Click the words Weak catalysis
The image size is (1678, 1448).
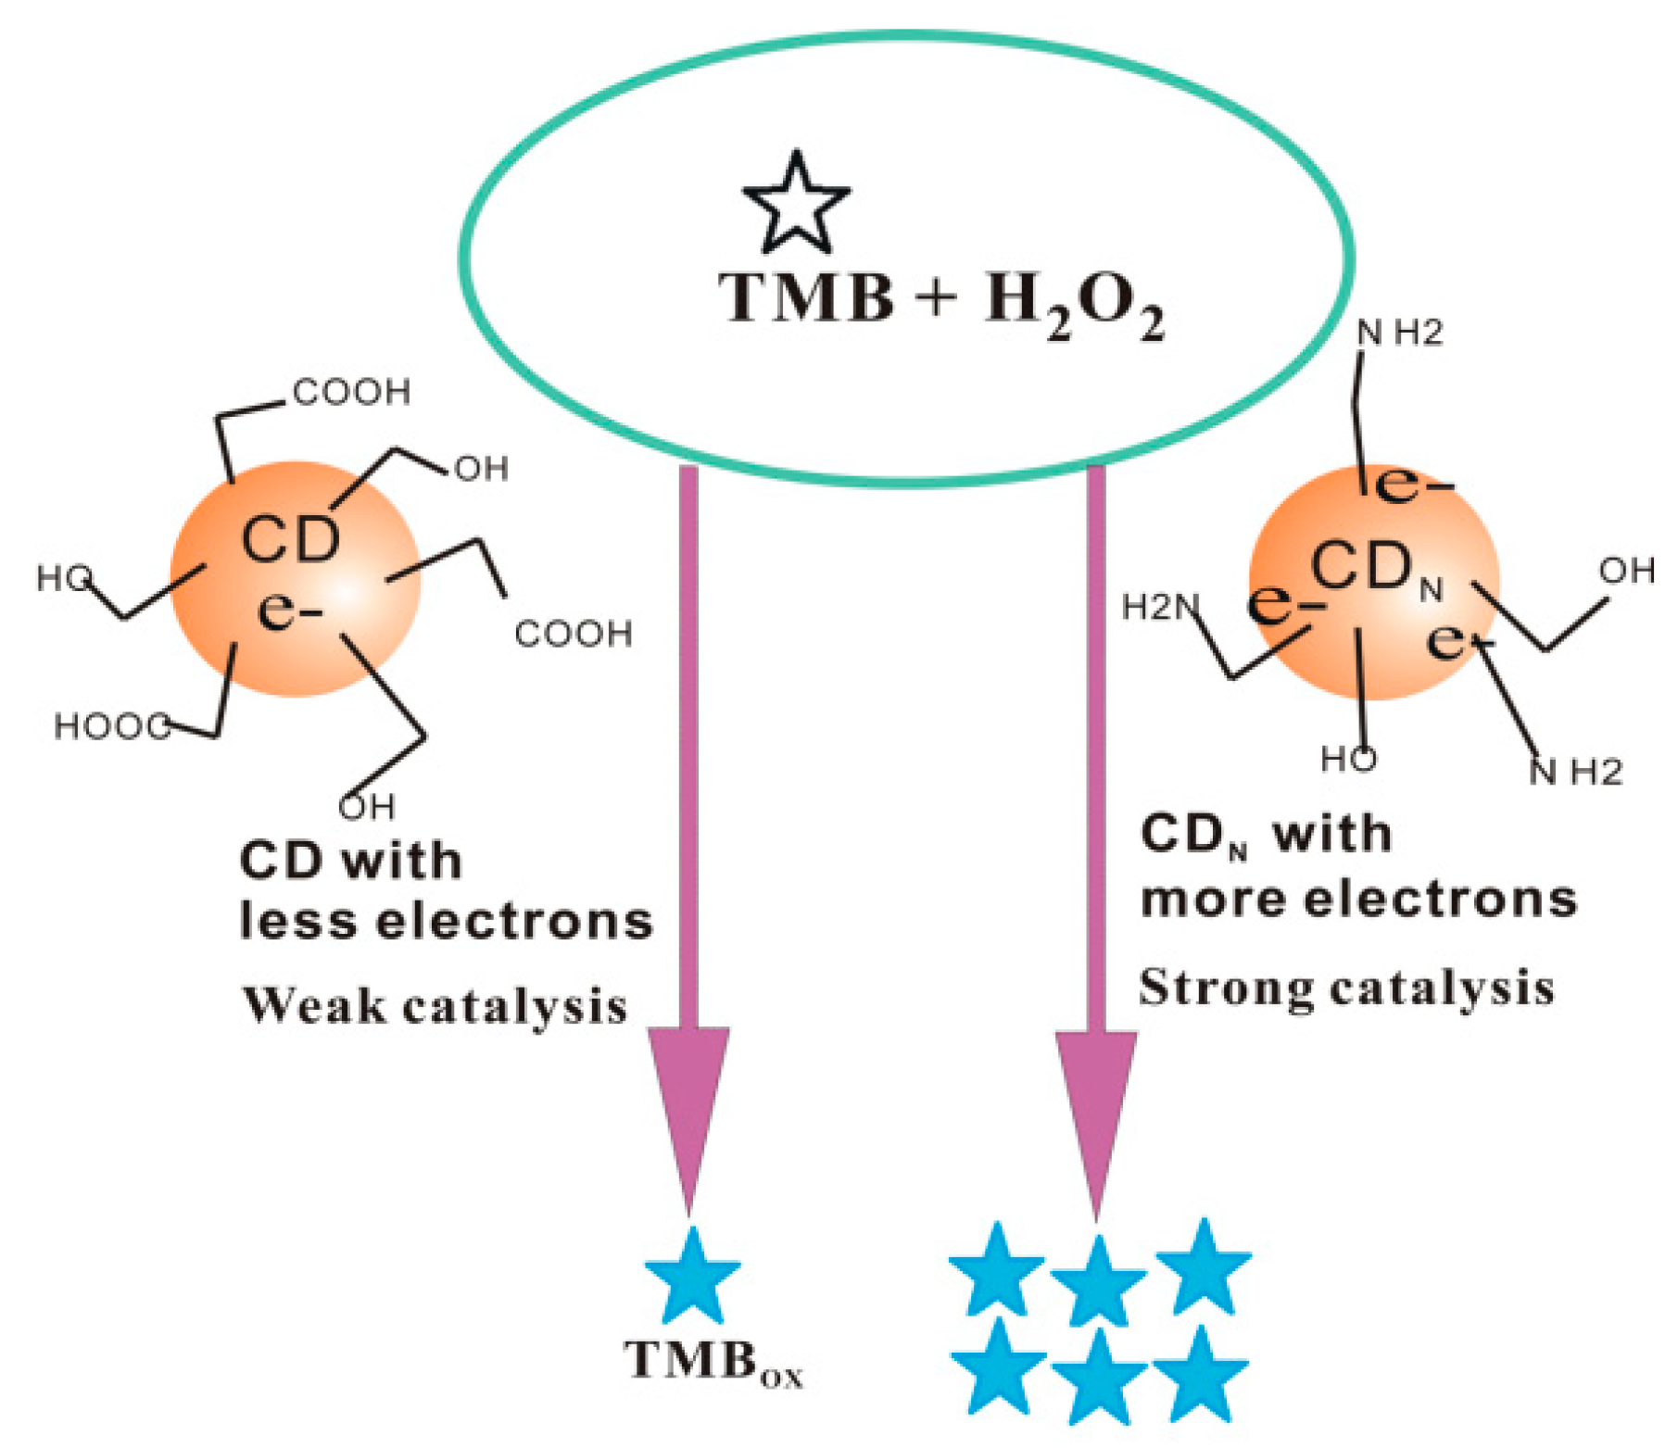435,1006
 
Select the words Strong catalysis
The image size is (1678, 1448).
1345,988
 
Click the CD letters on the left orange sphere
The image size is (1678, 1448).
290,539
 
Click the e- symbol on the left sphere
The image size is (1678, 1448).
290,611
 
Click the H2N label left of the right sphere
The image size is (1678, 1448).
1159,608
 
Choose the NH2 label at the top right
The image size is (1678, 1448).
1399,333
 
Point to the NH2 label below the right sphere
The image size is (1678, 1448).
1575,772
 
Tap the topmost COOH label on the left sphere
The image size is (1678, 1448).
351,393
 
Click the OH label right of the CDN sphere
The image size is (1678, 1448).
1626,572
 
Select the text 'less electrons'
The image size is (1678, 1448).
446,922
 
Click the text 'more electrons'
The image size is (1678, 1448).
1358,900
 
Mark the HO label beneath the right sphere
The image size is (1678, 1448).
1348,760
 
